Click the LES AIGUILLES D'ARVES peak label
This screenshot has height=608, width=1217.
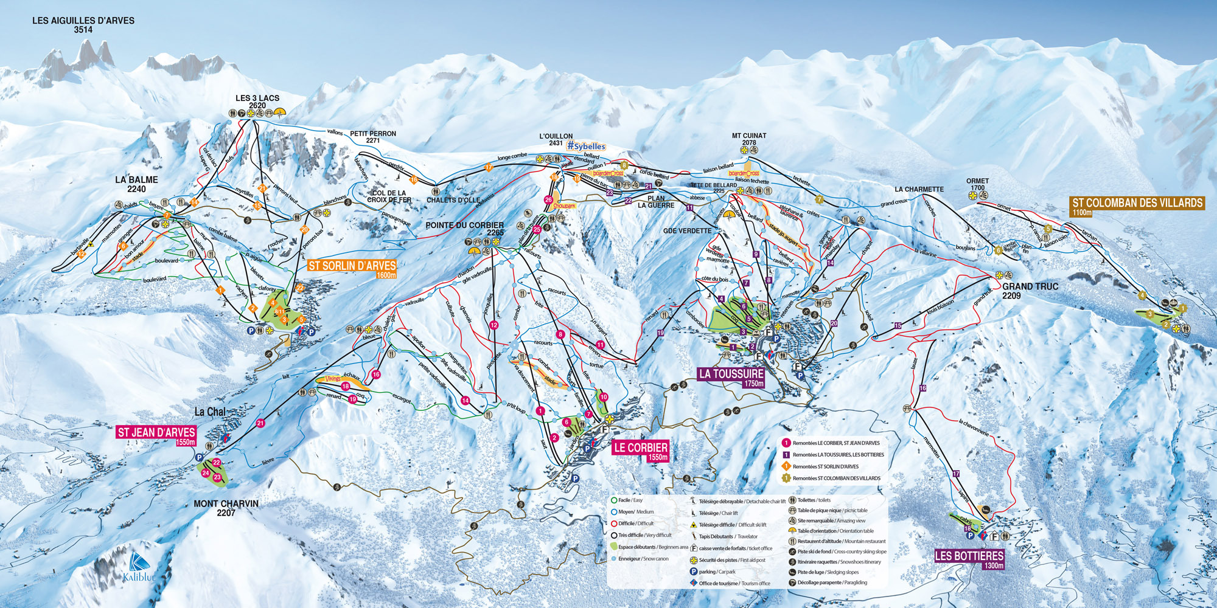(83, 25)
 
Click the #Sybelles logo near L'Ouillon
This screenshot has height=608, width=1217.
(586, 147)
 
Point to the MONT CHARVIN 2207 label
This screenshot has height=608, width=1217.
(226, 508)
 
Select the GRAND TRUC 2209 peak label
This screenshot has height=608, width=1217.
(1030, 291)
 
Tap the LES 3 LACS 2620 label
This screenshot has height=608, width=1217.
(257, 102)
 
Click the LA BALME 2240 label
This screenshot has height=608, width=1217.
(136, 184)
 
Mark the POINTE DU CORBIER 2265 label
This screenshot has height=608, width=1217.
(464, 229)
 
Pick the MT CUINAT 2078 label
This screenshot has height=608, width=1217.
(749, 139)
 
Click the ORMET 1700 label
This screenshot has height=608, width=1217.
(977, 184)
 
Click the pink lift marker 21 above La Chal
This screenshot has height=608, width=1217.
(260, 423)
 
